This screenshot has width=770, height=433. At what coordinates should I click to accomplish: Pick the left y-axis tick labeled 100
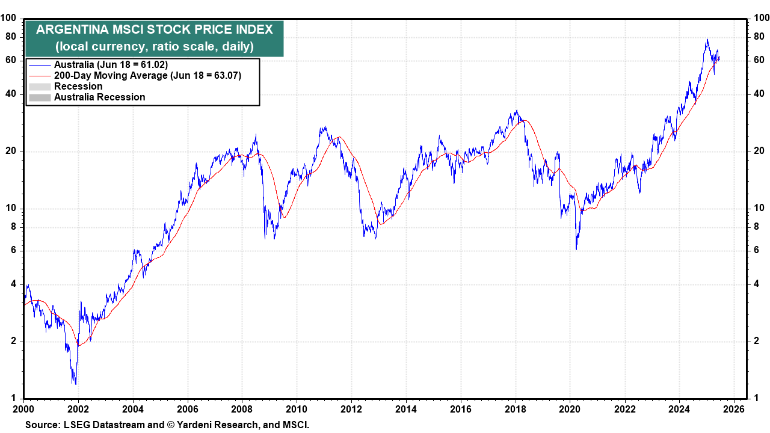click(11, 19)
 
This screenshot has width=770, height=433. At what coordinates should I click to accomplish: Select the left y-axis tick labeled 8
click(16, 227)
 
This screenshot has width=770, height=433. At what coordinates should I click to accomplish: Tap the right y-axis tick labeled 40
click(759, 94)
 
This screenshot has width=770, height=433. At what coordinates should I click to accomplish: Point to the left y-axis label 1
click(16, 399)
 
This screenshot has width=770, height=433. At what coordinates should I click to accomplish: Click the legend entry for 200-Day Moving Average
click(111, 75)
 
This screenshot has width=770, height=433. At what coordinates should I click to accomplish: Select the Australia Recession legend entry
click(100, 97)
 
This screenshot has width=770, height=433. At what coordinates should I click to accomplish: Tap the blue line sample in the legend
click(40, 65)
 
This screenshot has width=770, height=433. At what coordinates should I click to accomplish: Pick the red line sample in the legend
click(40, 76)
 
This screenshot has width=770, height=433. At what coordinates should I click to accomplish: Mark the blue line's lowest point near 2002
click(75, 384)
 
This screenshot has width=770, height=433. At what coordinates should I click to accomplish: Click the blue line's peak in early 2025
click(707, 40)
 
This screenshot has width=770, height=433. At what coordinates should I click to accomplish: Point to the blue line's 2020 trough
click(576, 249)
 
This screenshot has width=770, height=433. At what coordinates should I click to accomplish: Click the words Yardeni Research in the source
click(211, 425)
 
